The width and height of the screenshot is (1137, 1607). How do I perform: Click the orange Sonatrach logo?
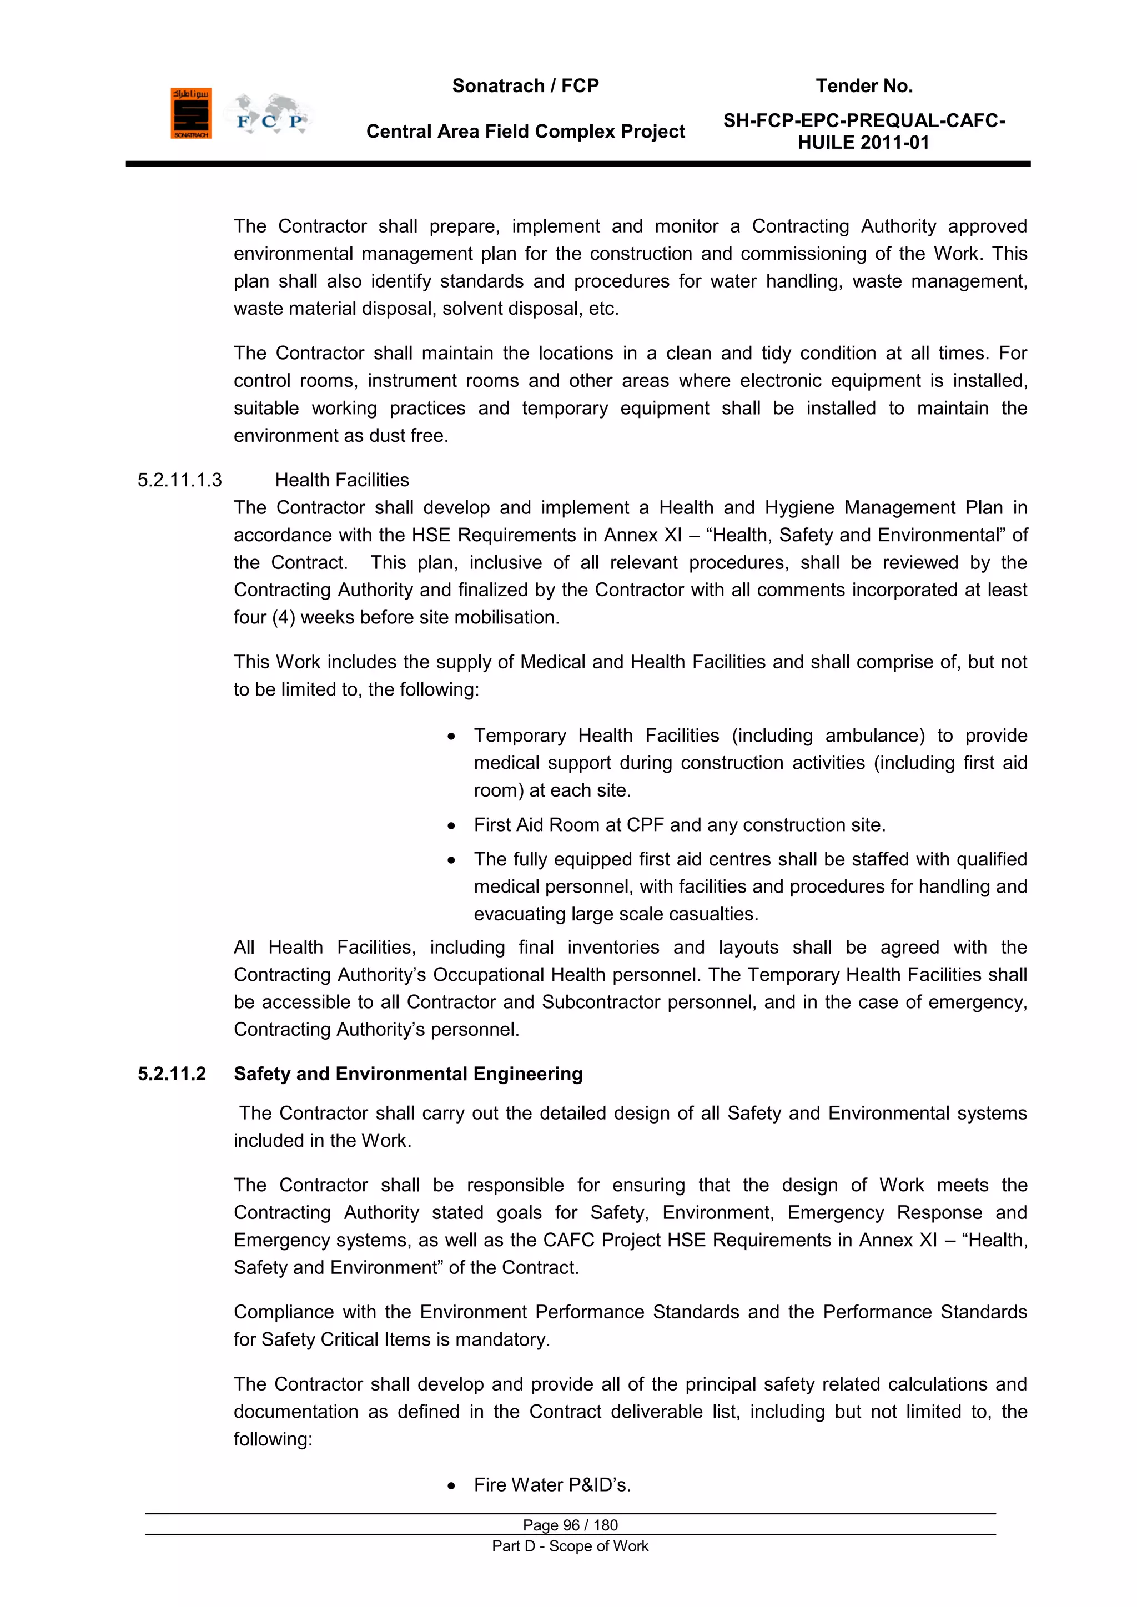click(190, 113)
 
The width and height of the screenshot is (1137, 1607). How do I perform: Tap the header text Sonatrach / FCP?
click(525, 86)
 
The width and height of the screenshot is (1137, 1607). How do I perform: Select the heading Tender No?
click(864, 86)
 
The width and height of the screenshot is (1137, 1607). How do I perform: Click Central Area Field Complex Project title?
click(525, 132)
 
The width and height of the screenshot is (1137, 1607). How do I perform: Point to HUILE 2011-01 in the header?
click(863, 143)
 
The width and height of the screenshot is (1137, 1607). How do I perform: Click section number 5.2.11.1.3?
click(179, 480)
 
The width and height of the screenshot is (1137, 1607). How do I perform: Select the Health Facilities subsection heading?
click(341, 480)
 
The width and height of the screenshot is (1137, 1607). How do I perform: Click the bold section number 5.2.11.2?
click(172, 1074)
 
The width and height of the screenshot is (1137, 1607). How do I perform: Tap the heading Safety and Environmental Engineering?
click(408, 1074)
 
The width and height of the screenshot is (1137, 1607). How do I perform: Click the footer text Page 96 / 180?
click(570, 1525)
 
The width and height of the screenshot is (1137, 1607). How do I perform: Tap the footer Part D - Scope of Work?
click(570, 1546)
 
